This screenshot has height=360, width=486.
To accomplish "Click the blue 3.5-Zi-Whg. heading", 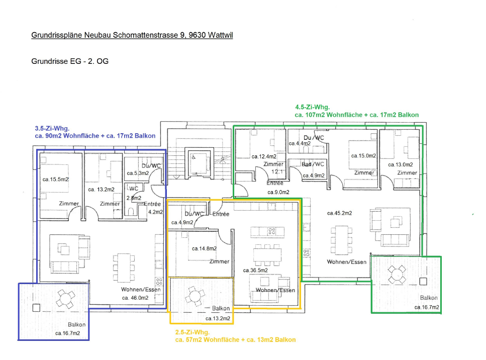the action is click(52, 128).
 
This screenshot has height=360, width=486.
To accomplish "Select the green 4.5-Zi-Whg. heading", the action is click(313, 107).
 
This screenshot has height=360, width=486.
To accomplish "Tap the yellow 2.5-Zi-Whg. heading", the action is click(192, 332).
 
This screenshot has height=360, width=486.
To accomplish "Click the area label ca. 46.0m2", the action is click(135, 298).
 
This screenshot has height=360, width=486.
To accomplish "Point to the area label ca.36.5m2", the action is click(255, 270).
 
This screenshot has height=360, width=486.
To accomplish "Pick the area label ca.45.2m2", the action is click(339, 213).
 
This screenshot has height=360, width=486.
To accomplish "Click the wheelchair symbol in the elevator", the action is click(193, 157).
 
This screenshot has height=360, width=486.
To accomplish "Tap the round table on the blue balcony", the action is click(65, 299).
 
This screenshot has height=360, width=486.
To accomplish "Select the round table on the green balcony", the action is click(397, 275).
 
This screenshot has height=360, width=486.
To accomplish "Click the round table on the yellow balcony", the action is click(195, 296).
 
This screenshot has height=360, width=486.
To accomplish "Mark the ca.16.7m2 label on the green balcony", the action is click(427, 307).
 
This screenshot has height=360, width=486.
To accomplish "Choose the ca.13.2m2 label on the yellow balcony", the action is click(218, 318).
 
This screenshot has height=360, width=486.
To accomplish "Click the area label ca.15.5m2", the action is click(56, 179).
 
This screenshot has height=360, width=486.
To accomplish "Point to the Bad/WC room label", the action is click(313, 164).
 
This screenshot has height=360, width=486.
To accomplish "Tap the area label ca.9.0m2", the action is click(278, 192).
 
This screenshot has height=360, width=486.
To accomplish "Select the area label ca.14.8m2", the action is click(204, 248).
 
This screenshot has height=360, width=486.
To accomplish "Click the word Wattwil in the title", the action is click(220, 35).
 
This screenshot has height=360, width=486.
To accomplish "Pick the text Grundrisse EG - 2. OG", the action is click(70, 61).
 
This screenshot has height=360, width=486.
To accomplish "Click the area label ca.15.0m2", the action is click(363, 156).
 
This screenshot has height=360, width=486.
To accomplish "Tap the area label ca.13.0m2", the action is click(401, 164).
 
